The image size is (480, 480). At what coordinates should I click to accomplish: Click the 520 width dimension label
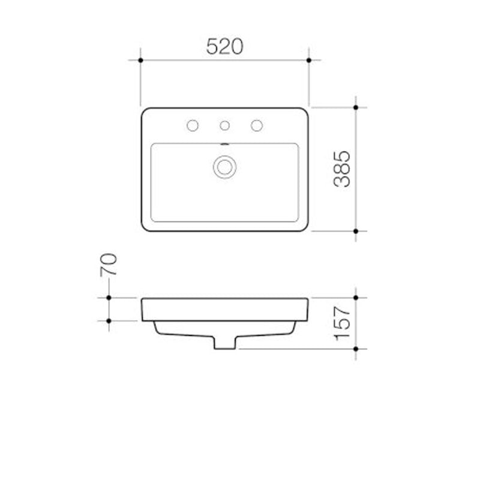pos(224,46)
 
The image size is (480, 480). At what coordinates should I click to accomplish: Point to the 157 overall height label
pos(342,322)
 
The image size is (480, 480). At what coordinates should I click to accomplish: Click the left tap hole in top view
pos(193,125)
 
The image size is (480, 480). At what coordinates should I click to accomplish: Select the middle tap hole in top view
pos(225,125)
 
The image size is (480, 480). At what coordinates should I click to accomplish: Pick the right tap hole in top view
pos(257,125)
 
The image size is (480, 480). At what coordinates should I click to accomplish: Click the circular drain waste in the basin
pos(225,166)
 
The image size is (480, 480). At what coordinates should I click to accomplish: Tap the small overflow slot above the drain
pos(225,144)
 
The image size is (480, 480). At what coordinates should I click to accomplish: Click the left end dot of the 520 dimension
pos(140,60)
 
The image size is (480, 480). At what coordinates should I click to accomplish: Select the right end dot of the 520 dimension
pos(309,60)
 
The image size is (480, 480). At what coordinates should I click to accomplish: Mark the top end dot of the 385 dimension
pos(356,107)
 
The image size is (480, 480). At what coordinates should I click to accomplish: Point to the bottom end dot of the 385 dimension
pos(356,231)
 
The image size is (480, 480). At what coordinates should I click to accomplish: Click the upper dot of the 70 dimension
pos(109,298)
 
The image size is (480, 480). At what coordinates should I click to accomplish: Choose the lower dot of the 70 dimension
pos(109,320)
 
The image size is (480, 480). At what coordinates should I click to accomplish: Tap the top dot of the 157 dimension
pos(356,298)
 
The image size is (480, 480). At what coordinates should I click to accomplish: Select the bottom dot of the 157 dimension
pos(356,349)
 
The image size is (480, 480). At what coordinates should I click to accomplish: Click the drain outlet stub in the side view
pos(225,342)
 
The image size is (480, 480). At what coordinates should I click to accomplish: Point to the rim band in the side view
pos(225,309)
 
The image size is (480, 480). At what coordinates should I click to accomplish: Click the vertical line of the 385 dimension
pos(356,180)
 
